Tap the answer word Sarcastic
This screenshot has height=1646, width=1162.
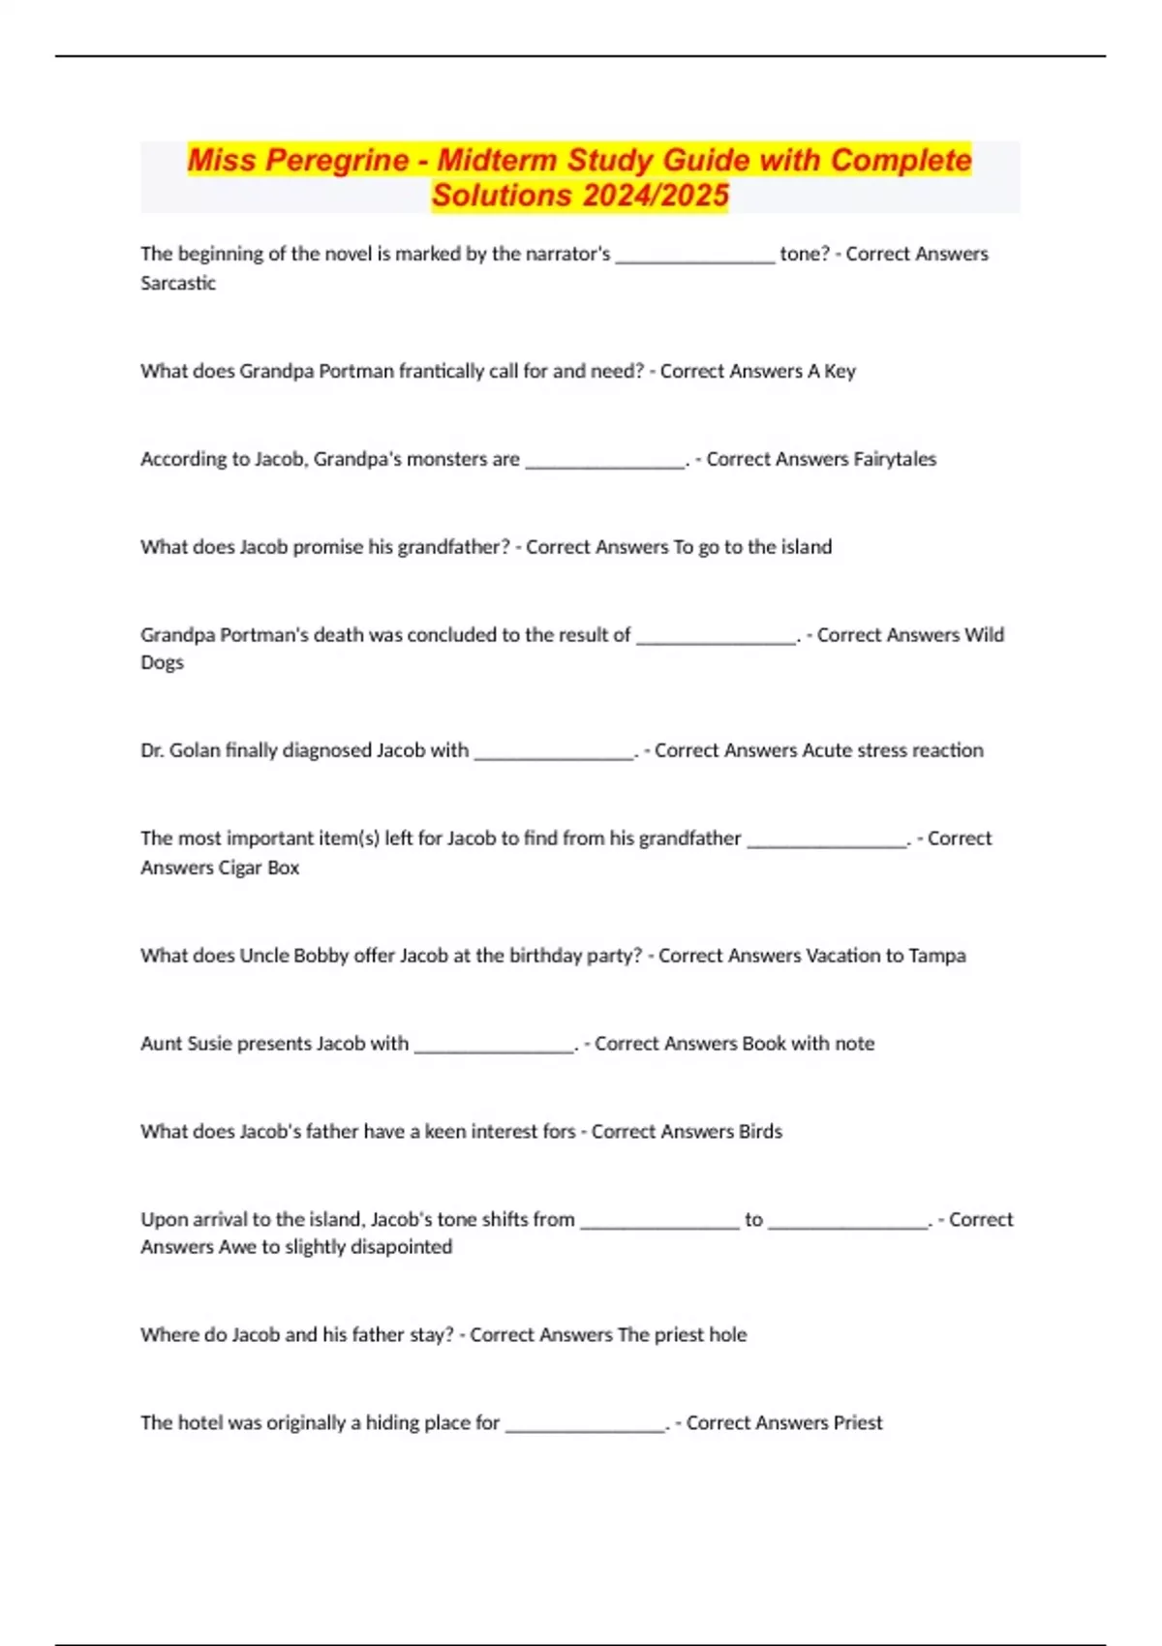coord(178,284)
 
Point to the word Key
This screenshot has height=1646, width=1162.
coord(840,372)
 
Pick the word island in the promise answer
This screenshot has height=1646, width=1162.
coord(807,547)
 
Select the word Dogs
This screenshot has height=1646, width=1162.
coord(162,663)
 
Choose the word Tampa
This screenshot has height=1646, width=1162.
coord(937,956)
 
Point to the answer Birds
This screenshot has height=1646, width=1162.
coord(760,1132)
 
